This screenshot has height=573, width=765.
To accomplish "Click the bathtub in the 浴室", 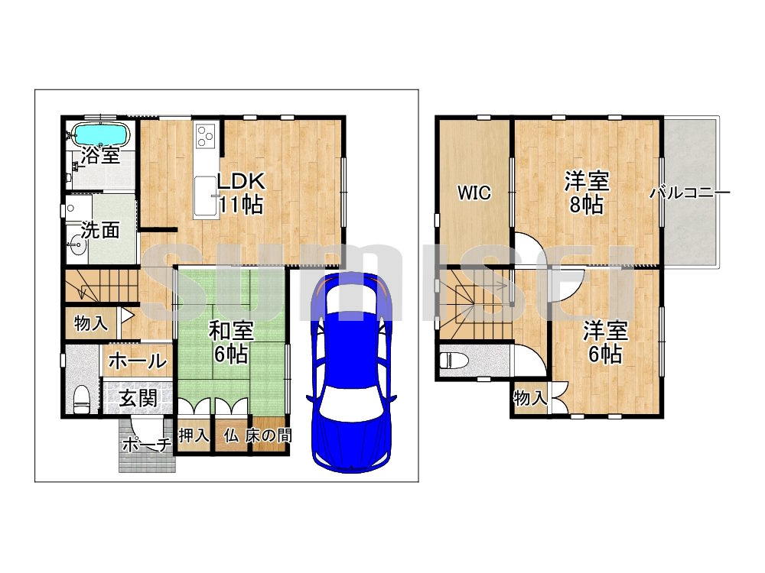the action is [100, 132].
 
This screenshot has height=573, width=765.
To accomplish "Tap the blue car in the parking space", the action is [351, 373].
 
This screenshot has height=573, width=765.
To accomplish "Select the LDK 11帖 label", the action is [240, 193].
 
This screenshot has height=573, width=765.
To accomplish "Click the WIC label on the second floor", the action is [474, 193].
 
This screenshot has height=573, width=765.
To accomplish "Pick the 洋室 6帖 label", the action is [605, 342].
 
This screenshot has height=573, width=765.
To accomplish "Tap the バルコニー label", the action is [689, 193].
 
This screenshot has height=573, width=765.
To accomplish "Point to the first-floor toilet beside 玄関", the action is [81, 400].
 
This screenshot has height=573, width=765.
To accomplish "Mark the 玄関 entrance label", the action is [138, 399].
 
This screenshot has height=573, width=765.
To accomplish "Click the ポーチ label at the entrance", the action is [146, 445].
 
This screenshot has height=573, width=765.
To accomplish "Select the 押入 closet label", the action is [194, 435].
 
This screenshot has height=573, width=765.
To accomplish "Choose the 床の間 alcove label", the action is [269, 435].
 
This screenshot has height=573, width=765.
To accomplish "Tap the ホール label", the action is [138, 361].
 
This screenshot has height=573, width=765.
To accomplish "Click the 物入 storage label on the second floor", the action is [530, 398].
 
